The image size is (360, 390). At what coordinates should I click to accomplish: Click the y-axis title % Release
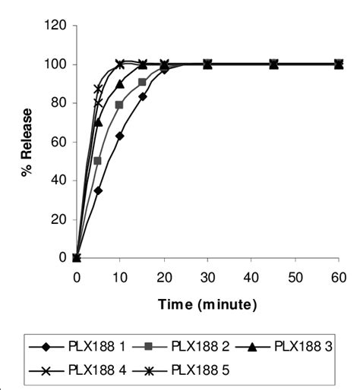[x=27, y=141]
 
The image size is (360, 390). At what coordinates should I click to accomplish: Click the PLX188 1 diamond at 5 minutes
[x=98, y=190]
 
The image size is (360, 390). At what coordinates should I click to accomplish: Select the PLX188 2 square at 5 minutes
[x=98, y=161]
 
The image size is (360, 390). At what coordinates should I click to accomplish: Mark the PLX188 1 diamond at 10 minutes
[x=120, y=136]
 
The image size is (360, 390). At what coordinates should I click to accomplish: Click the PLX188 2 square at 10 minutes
[x=120, y=105]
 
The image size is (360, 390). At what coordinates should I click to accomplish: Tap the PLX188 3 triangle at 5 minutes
[x=98, y=122]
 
